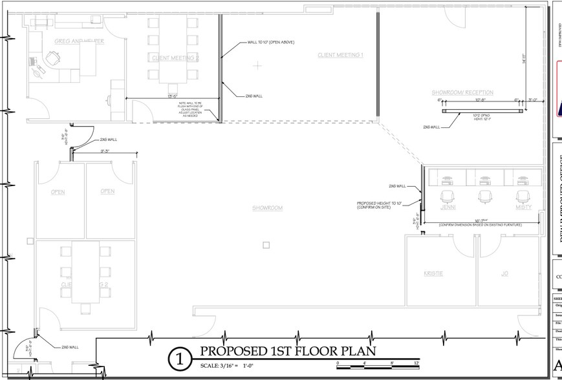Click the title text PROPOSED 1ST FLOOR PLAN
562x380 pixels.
[287, 352]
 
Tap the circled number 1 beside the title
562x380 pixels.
[179, 360]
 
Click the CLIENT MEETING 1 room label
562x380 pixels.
[340, 56]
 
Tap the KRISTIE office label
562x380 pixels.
[433, 273]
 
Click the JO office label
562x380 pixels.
[505, 273]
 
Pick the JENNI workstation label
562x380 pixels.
[448, 207]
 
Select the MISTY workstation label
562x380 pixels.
[523, 207]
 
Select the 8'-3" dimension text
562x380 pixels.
[104, 151]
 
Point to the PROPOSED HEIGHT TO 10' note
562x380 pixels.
[379, 204]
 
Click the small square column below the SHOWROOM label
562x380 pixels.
[266, 245]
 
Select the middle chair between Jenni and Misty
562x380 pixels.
[484, 196]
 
